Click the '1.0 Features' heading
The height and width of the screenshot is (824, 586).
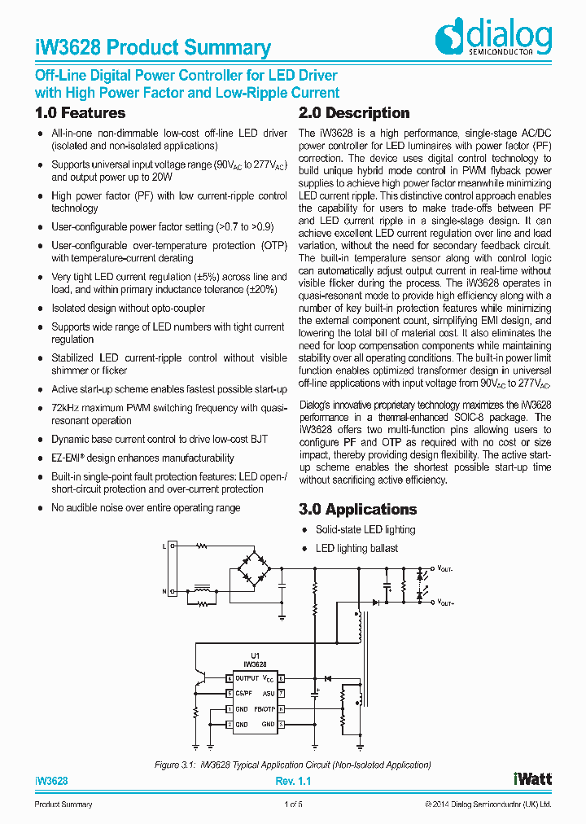click(81, 113)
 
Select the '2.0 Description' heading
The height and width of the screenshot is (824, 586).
click(354, 113)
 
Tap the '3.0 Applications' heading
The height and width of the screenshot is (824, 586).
click(358, 510)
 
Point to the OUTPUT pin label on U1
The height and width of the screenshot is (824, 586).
click(247, 678)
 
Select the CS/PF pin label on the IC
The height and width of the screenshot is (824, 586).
click(243, 694)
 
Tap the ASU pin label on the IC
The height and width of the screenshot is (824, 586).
click(268, 694)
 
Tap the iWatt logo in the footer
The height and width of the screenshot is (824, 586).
click(532, 779)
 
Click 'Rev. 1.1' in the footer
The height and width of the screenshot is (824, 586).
click(293, 781)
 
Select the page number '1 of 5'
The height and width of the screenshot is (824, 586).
click(293, 804)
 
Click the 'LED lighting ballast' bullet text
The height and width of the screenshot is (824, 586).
click(356, 548)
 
